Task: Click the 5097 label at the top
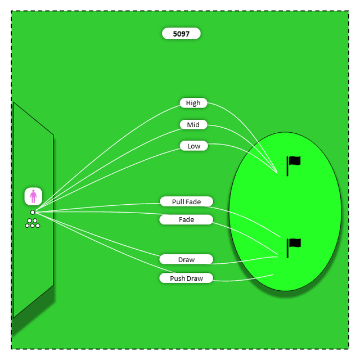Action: [181, 34]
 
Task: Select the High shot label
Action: [193, 103]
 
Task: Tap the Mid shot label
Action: [193, 124]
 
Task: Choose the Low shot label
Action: [193, 146]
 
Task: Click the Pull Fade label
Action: [186, 201]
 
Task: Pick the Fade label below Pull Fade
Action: [186, 219]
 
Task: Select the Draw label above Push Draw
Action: [186, 259]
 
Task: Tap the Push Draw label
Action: [186, 278]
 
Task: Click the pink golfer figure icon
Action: [34, 196]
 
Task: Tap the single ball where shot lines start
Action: [33, 212]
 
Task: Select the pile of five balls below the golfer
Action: [33, 223]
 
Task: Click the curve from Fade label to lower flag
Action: [247, 234]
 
